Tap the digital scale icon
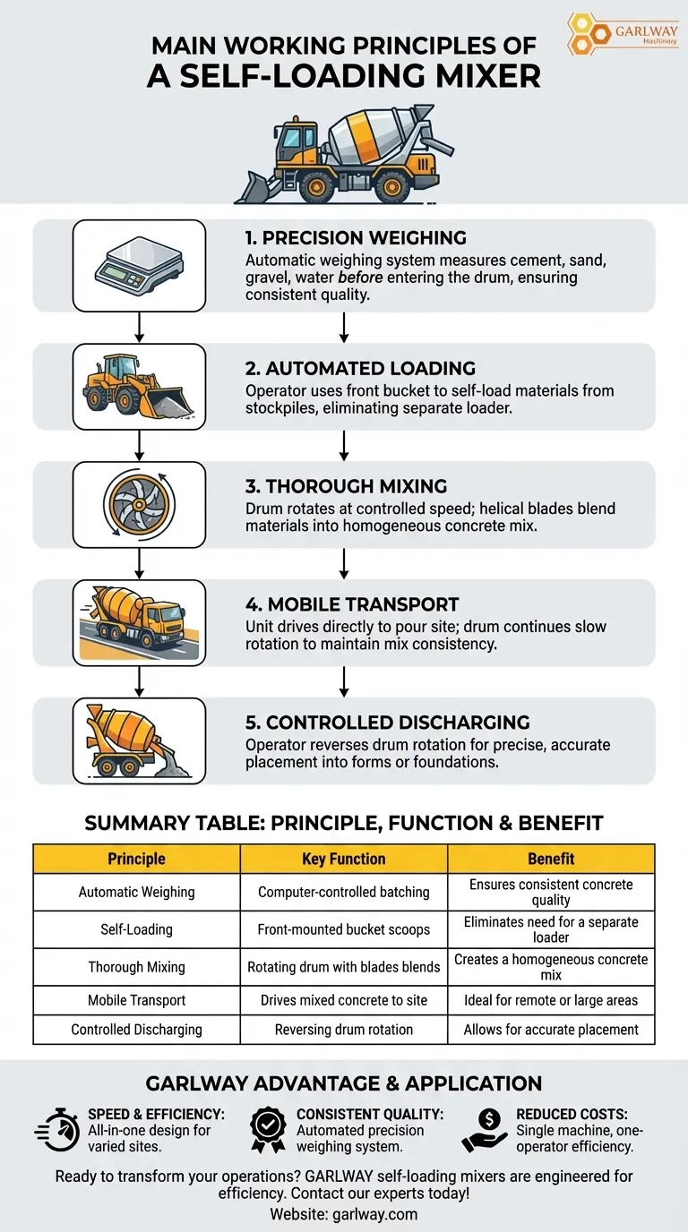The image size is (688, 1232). (x=139, y=265)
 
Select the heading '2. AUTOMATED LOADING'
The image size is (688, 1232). (x=360, y=368)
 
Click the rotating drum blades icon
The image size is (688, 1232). (x=139, y=504)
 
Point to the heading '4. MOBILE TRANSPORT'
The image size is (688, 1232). (x=351, y=603)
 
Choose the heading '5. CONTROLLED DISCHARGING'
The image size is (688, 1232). (x=387, y=722)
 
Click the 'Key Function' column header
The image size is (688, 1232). (x=344, y=859)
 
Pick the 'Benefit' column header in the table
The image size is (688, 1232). (x=551, y=859)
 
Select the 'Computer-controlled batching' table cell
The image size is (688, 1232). (x=344, y=892)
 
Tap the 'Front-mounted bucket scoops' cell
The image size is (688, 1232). (x=344, y=929)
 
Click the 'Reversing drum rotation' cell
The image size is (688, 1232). (x=344, y=1030)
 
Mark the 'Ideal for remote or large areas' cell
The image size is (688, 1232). (x=551, y=1000)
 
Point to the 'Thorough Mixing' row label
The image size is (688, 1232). (x=136, y=967)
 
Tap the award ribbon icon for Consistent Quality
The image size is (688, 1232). (x=268, y=1129)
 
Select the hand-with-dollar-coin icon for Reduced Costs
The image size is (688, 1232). (x=484, y=1129)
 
